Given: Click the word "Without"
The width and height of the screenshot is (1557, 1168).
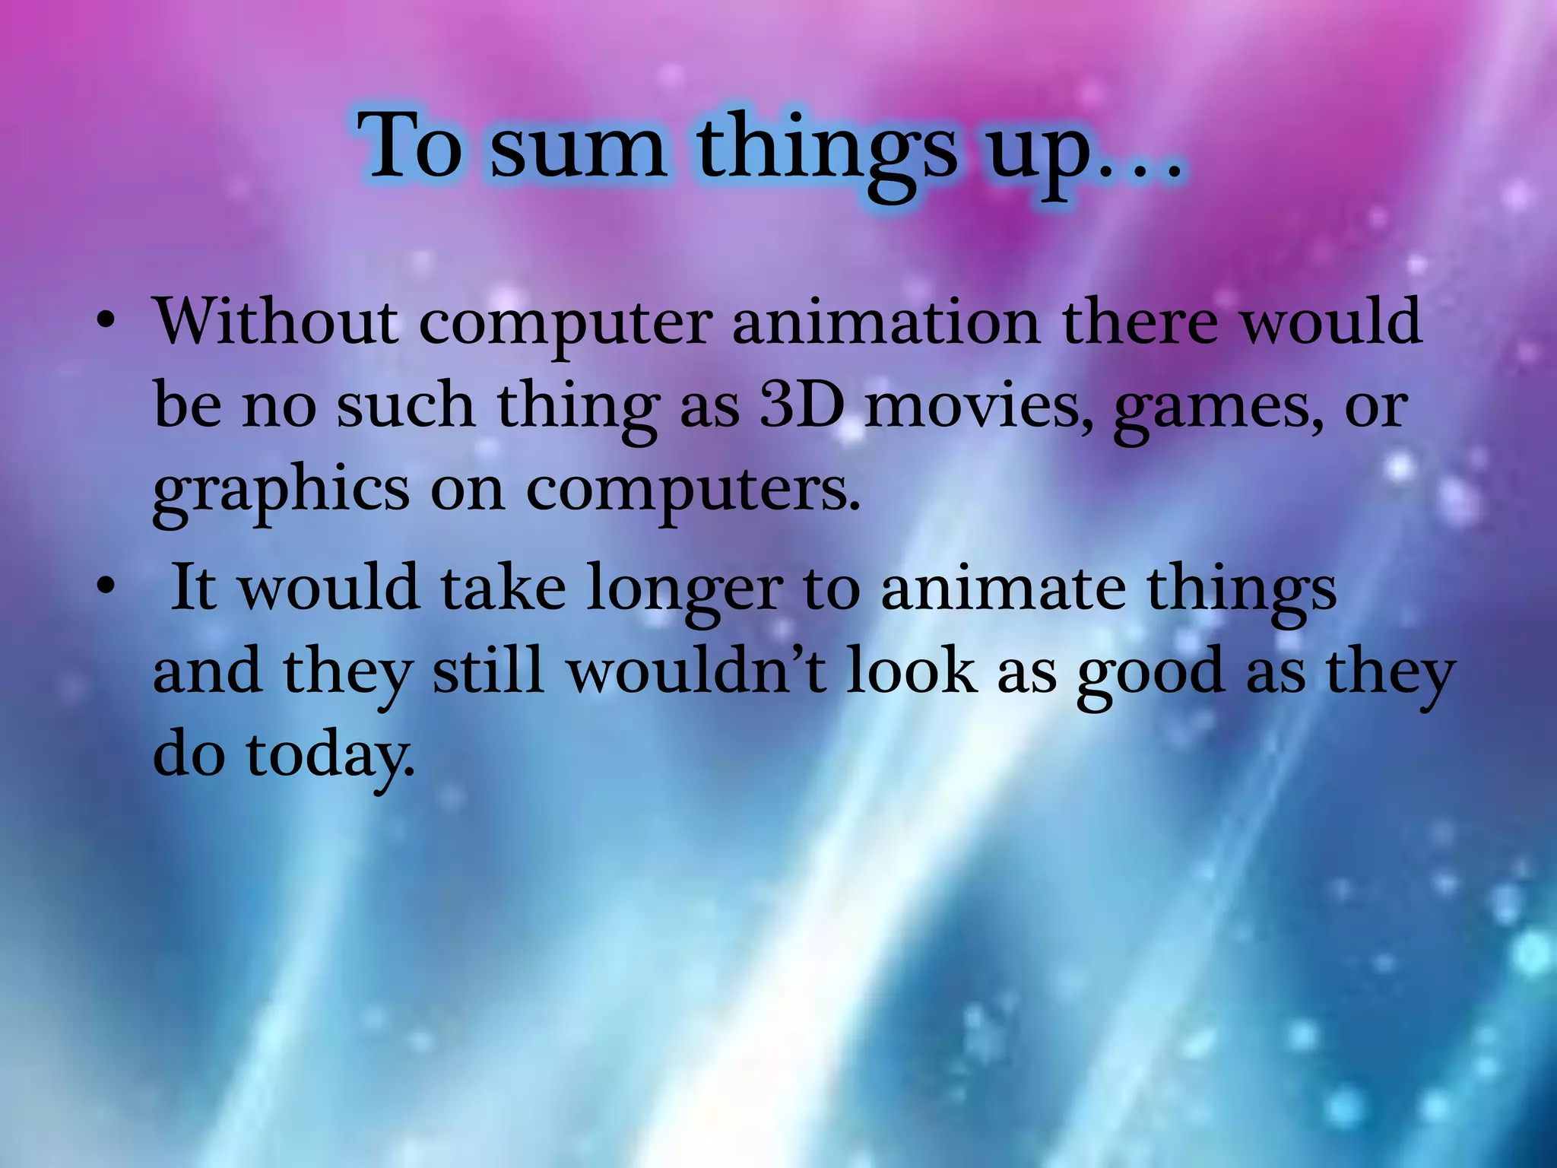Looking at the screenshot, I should tap(276, 321).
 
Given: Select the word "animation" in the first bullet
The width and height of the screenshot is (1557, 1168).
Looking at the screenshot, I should tap(886, 321).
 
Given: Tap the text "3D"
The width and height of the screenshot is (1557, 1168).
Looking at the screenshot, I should tap(802, 405).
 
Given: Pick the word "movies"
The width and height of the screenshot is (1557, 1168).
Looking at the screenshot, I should tap(981, 405).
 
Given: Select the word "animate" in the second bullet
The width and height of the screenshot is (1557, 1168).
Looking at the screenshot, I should tap(1002, 589).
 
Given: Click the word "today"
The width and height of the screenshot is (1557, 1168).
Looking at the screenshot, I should tap(331, 756).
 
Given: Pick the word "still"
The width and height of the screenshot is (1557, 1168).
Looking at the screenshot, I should tap(488, 671).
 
